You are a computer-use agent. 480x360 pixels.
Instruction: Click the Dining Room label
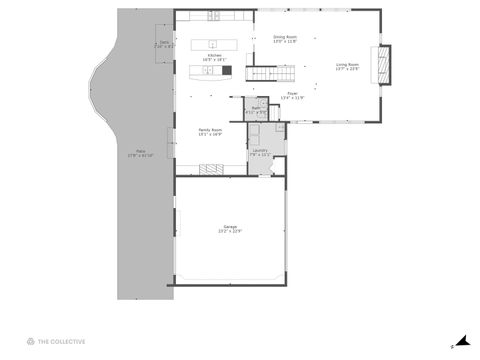pyautogui.click(x=285, y=37)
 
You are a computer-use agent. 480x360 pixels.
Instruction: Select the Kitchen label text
pyautogui.click(x=214, y=55)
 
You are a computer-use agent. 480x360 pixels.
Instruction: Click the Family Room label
pyautogui.click(x=210, y=129)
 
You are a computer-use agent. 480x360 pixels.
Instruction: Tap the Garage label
pyautogui.click(x=230, y=227)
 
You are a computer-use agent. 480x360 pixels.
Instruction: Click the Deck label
pyautogui.click(x=164, y=42)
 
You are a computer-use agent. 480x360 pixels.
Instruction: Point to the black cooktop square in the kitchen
pyautogui.click(x=226, y=71)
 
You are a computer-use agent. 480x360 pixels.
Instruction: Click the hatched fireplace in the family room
pyautogui.click(x=214, y=167)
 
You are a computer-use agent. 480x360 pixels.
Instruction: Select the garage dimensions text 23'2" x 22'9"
pyautogui.click(x=230, y=232)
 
